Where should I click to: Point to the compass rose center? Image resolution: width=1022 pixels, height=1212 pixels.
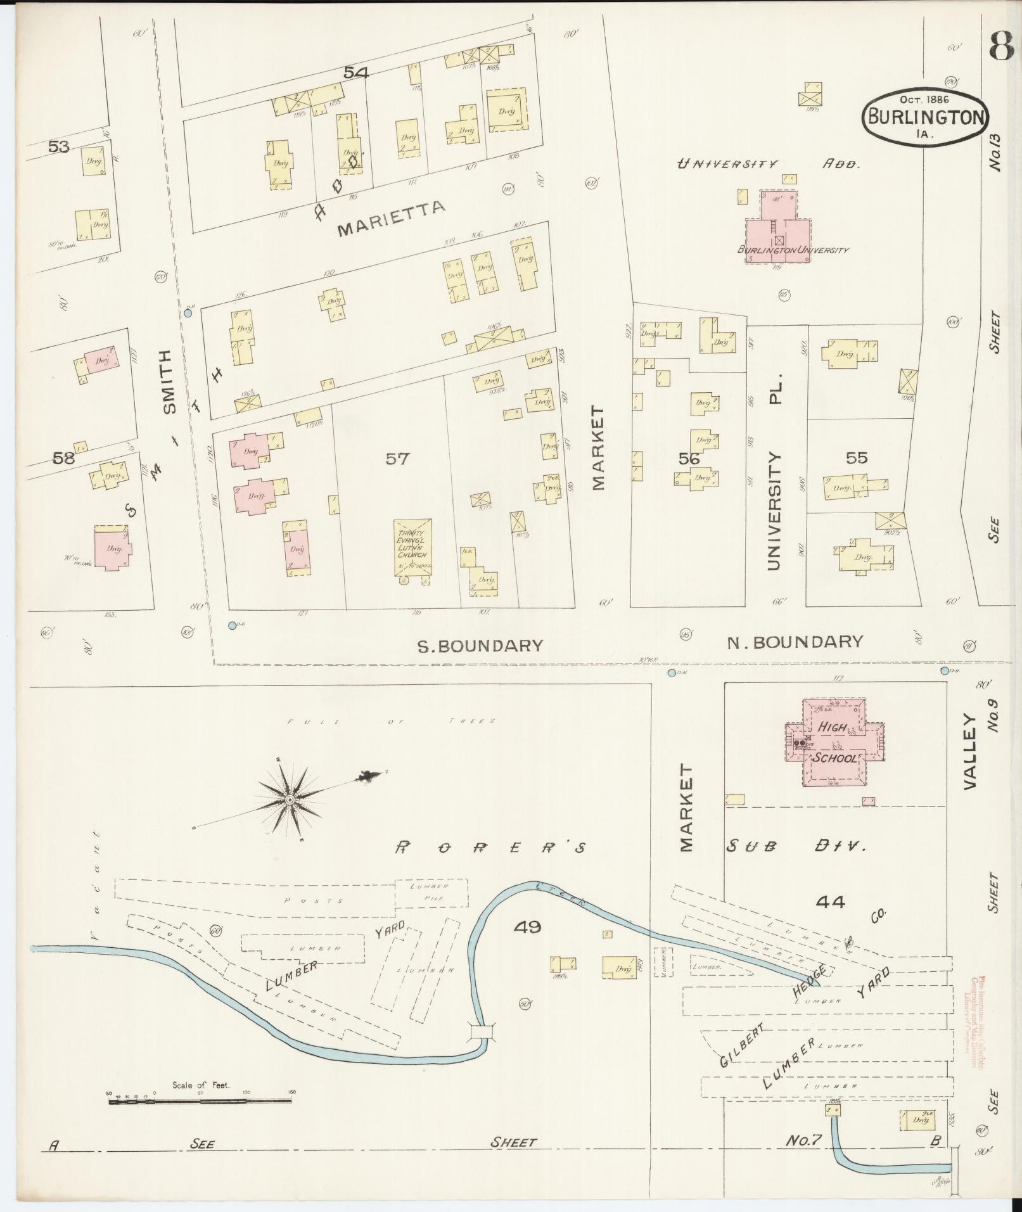click(290, 800)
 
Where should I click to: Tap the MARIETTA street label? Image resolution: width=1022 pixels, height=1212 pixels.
click(392, 217)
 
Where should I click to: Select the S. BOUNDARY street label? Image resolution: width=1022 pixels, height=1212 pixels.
click(480, 646)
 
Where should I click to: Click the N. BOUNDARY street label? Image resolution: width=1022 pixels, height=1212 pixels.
click(795, 642)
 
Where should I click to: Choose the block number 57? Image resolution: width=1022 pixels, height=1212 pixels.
click(397, 459)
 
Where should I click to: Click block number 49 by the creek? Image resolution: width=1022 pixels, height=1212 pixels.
click(527, 928)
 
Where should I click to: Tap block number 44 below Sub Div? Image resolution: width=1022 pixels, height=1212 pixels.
click(831, 902)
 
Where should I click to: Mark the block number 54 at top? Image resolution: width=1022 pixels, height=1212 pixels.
click(356, 73)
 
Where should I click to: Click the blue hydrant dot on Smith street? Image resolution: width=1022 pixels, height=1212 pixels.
click(188, 313)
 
